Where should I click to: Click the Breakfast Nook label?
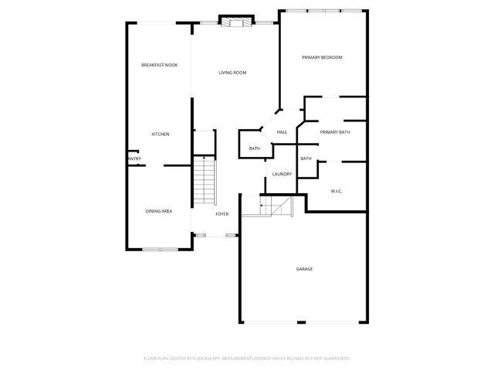tap(159, 65)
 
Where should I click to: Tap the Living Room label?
tap(232, 73)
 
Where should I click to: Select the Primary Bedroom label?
tap(322, 58)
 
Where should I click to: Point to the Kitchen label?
tap(160, 134)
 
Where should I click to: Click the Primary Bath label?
tap(335, 132)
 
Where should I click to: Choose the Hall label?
tap(282, 132)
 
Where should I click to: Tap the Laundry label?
tap(282, 174)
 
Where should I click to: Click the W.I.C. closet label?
tap(337, 190)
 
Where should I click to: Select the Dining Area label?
tap(158, 211)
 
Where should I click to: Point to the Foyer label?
tap(222, 213)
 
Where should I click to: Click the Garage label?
tap(304, 269)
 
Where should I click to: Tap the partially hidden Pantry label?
tap(134, 159)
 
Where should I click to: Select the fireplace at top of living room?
tap(235, 22)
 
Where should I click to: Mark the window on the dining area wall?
tap(161, 249)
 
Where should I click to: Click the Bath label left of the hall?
tap(254, 148)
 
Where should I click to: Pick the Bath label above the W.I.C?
tap(306, 158)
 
